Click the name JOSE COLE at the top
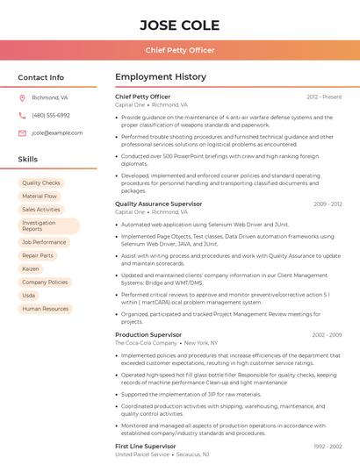[x=179, y=25]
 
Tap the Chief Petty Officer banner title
[x=179, y=50]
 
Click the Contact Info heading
[x=41, y=77]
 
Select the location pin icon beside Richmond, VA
[x=22, y=97]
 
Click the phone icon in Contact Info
[x=22, y=115]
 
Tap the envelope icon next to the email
[x=22, y=133]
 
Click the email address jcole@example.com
[x=57, y=133]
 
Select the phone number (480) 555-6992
[x=51, y=115]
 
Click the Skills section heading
[x=28, y=160]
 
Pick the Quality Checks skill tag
[x=41, y=183]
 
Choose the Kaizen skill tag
[x=31, y=268]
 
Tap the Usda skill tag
[x=29, y=296]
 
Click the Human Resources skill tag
[x=45, y=309]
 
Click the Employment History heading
[x=161, y=77]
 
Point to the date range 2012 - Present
[x=324, y=97]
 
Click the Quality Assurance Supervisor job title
[x=158, y=204]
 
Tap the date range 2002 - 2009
[x=327, y=334]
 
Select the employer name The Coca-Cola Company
[x=146, y=343]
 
